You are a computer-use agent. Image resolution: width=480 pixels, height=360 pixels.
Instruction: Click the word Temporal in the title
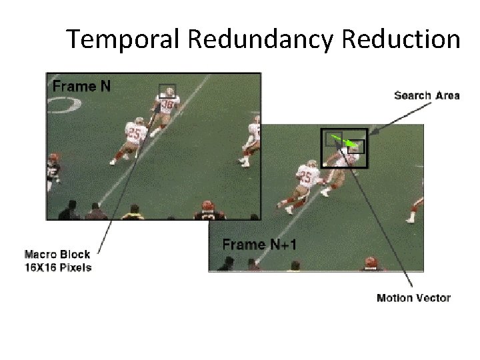point(124,39)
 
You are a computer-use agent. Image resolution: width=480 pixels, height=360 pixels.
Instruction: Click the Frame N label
point(82,86)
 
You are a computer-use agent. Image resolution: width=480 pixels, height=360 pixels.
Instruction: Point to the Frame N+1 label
point(259,245)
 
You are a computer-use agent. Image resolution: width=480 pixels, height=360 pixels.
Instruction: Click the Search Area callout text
point(427,95)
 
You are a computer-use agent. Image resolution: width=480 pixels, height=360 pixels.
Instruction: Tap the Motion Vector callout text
point(413,298)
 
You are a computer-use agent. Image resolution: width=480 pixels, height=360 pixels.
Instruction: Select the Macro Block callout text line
point(57,254)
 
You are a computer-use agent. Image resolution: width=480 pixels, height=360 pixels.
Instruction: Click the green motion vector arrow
point(344,142)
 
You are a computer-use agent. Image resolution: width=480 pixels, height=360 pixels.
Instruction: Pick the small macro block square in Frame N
point(167,91)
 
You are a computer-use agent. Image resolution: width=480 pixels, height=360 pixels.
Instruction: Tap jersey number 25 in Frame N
point(135,132)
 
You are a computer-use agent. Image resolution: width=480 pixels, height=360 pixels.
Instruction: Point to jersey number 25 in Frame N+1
point(305,177)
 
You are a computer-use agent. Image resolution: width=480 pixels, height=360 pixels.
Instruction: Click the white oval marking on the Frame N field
point(64,105)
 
